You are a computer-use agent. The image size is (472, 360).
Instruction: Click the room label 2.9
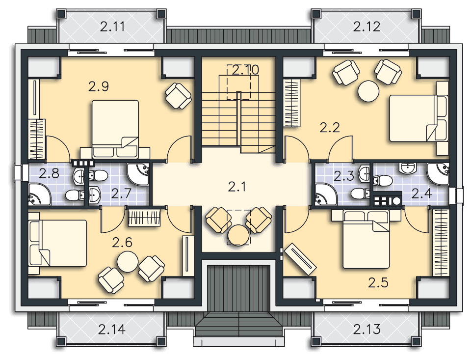tap(99, 87)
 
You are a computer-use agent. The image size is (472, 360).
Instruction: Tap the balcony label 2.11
tap(112, 27)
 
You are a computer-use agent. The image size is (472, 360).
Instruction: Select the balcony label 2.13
tap(367, 329)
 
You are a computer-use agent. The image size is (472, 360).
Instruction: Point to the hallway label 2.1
tap(237, 187)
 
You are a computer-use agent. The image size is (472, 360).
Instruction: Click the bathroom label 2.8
tap(49, 173)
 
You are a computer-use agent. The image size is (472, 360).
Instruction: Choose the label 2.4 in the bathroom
tap(422, 194)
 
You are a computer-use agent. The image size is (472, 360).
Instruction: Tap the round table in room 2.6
tap(128, 262)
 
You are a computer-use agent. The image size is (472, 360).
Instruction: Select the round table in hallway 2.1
tap(238, 235)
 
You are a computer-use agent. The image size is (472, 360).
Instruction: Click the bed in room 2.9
tap(115, 129)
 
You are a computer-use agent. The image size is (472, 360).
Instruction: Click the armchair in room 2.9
tap(179, 96)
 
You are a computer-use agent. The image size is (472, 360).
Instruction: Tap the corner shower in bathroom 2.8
tap(40, 194)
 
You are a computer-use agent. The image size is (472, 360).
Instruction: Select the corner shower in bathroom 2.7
tap(138, 174)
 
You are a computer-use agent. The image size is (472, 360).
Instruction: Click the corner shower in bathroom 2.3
tap(326, 194)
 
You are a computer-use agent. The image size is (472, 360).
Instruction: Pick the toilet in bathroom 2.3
tap(361, 194)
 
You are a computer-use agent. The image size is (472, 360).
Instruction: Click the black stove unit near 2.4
tap(388, 200)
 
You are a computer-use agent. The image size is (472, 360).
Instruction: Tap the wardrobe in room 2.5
tap(441, 243)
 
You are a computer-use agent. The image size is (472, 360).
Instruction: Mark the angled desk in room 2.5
tap(300, 259)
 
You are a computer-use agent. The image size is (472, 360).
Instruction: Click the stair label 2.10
tap(246, 70)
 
